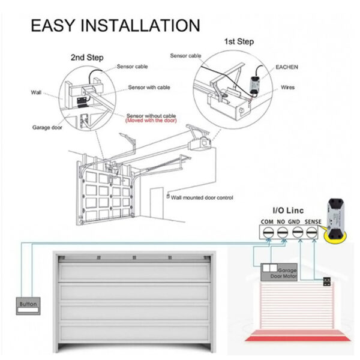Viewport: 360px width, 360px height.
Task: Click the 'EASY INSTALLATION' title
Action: [x=115, y=25]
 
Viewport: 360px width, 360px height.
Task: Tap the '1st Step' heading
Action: [x=239, y=41]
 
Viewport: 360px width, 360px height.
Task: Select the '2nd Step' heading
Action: [x=87, y=58]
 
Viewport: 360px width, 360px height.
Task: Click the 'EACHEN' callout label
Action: [x=287, y=67]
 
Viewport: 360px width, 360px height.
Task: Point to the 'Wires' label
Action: [x=287, y=87]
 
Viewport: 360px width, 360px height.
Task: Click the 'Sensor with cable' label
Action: [x=149, y=87]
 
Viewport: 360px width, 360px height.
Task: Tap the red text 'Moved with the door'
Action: [x=151, y=121]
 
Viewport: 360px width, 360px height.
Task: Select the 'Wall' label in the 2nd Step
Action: [x=36, y=92]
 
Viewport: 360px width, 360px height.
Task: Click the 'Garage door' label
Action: [x=47, y=127]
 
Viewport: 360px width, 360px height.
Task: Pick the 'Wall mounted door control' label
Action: [x=202, y=197]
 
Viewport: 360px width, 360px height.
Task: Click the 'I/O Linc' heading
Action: [x=288, y=211]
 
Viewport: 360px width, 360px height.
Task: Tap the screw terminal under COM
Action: [x=268, y=233]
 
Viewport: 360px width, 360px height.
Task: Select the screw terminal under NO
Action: [x=282, y=233]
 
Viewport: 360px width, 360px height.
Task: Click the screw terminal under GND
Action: [x=298, y=232]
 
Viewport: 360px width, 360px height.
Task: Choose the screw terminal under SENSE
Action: [x=311, y=233]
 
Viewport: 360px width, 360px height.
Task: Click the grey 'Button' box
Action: [x=28, y=306]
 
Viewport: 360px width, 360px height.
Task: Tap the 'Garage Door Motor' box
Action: [x=279, y=272]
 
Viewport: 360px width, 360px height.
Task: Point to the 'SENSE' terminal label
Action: [x=313, y=222]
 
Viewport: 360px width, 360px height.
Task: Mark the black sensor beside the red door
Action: [x=327, y=282]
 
